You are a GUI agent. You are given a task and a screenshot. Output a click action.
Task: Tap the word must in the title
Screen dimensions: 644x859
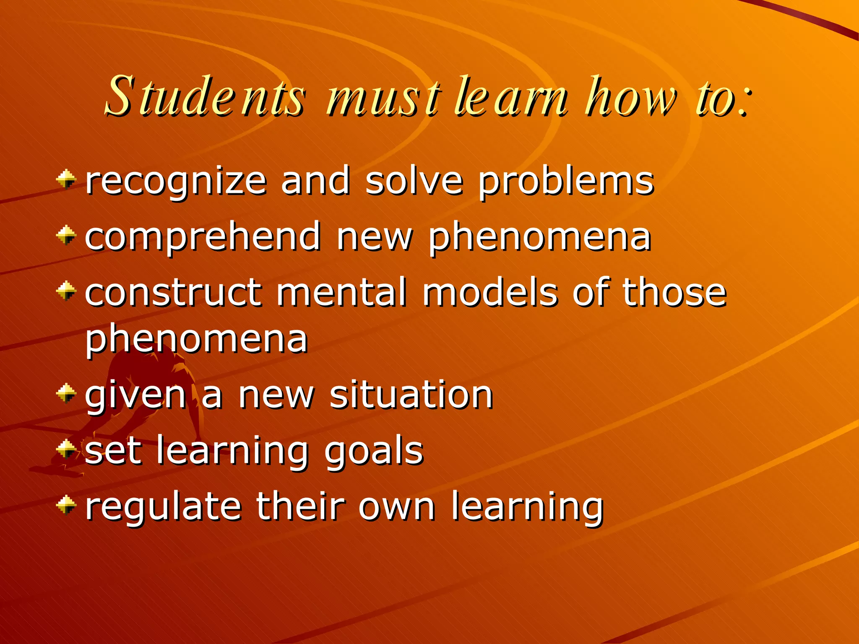click(384, 97)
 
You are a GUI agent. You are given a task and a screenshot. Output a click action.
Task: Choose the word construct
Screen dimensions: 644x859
click(174, 292)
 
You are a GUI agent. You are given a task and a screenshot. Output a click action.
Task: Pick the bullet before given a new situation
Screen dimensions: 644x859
click(66, 393)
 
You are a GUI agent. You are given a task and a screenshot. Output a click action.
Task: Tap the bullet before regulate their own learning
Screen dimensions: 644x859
click(66, 504)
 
